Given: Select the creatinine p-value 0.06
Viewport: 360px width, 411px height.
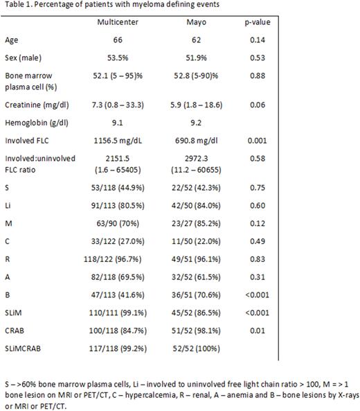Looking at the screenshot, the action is pos(276,107).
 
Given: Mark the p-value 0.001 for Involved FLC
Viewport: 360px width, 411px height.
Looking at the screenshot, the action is pos(276,143).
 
